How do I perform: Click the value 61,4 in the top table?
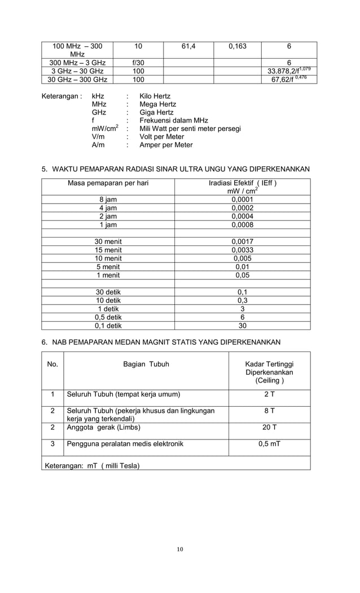(x=188, y=47)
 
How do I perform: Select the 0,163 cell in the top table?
(x=237, y=47)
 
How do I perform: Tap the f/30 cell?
(x=138, y=63)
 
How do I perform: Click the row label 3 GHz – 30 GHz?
(x=77, y=71)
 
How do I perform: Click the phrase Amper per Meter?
(x=166, y=145)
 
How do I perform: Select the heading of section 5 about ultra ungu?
(x=176, y=169)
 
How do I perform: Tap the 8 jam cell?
(x=108, y=199)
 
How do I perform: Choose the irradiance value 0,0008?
(x=242, y=225)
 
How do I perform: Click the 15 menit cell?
(x=108, y=250)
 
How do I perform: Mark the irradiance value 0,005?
(x=242, y=258)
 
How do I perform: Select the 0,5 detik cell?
(x=108, y=317)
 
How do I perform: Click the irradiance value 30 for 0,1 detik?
(x=242, y=326)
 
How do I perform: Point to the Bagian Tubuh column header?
(x=146, y=364)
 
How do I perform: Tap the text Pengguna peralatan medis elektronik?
(x=125, y=444)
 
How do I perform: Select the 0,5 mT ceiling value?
(x=270, y=444)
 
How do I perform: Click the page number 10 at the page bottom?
(x=179, y=550)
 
